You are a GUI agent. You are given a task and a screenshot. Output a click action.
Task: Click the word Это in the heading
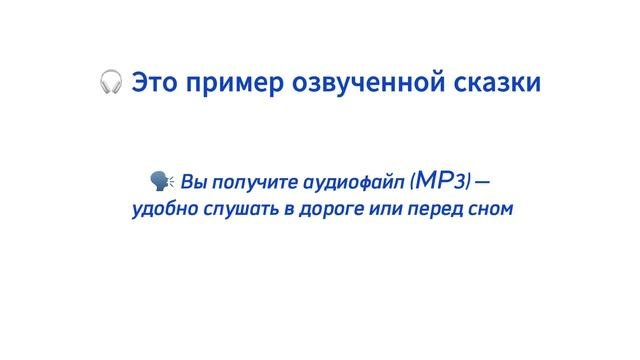coord(158,81)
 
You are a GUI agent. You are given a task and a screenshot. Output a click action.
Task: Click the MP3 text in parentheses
coord(440,181)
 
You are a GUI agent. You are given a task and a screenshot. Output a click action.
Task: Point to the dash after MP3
coord(483,182)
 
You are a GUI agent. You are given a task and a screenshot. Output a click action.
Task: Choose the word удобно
coord(161,211)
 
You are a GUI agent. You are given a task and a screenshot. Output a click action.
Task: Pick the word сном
coord(485,211)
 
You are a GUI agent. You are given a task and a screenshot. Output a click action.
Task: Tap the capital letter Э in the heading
coord(141,81)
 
